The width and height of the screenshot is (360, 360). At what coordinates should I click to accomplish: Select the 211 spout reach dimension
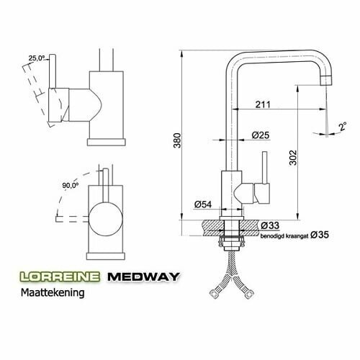coord(263,104)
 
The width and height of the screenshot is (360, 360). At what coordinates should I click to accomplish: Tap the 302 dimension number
coord(293,158)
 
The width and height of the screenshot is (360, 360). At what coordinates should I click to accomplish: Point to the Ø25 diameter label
coord(261,135)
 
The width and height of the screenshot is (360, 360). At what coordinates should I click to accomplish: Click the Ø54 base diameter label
coord(203,204)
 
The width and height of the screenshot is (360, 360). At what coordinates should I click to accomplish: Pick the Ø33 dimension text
coord(270,225)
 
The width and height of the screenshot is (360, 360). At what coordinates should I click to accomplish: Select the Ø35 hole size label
coord(320,235)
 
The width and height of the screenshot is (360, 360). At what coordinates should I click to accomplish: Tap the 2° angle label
coord(343,127)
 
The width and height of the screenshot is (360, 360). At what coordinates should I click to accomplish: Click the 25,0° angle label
coord(37,58)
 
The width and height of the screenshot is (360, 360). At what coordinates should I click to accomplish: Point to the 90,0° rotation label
coord(71,185)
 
